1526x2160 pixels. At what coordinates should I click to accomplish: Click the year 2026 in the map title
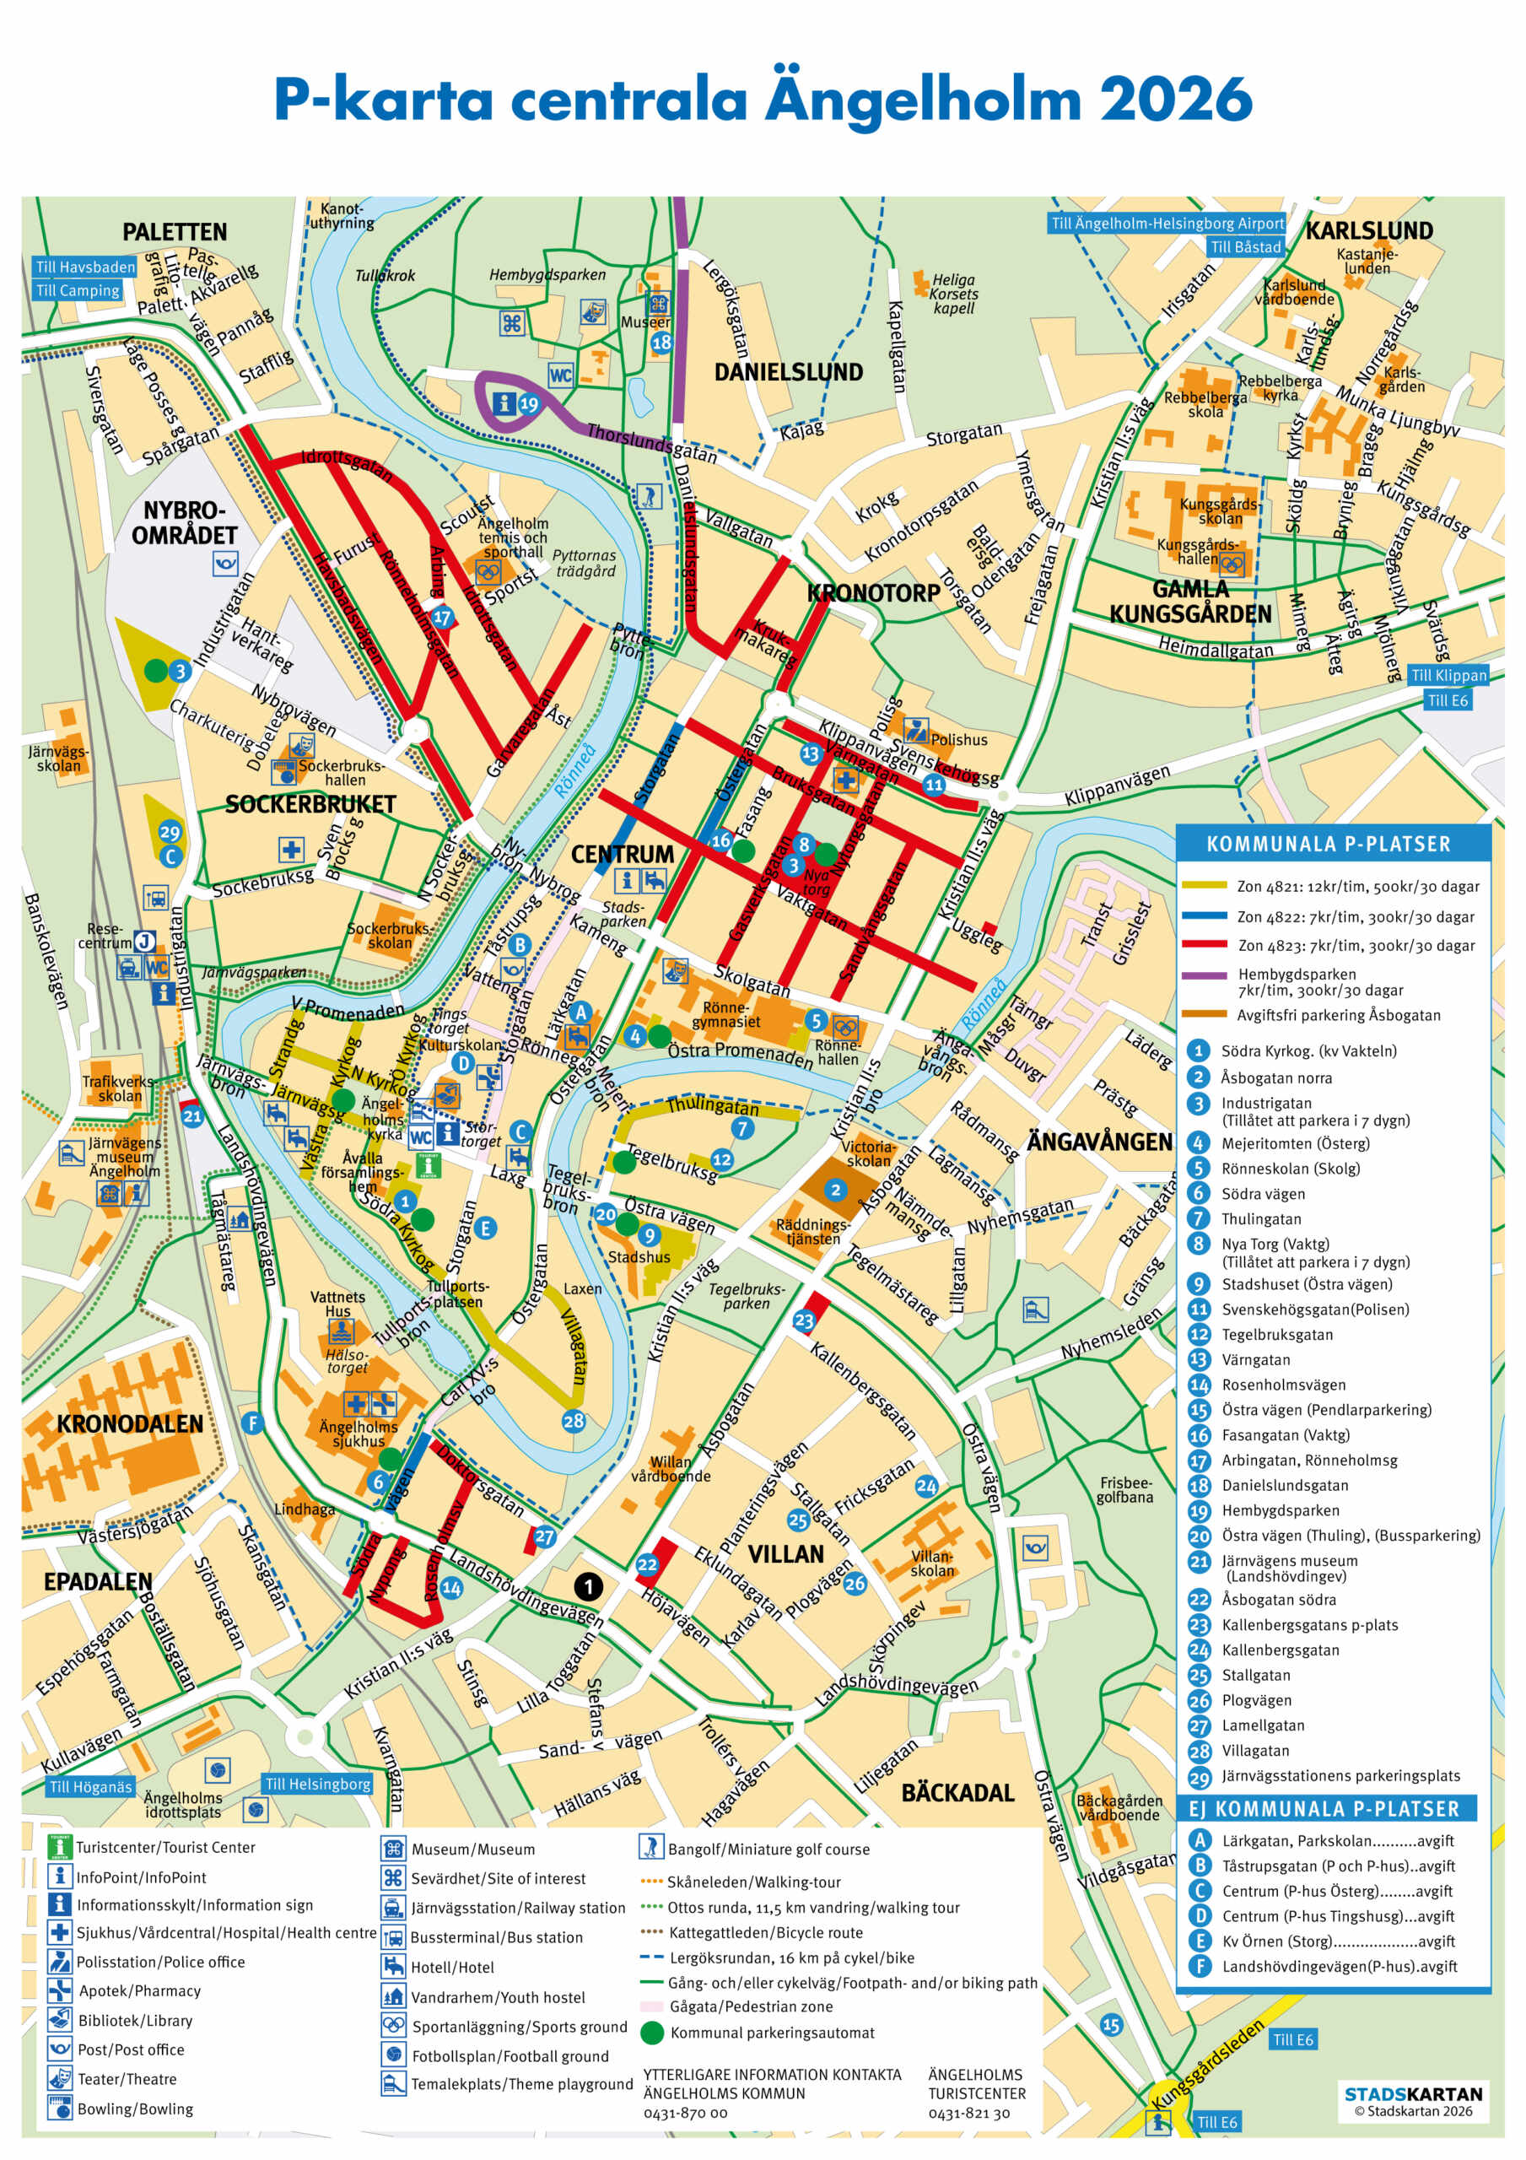[x=1174, y=99]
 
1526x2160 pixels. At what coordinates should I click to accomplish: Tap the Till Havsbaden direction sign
[x=84, y=267]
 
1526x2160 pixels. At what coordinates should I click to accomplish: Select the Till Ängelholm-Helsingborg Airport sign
[x=1167, y=223]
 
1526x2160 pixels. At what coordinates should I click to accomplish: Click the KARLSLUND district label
[x=1368, y=230]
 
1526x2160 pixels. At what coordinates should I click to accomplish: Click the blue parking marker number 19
[x=529, y=404]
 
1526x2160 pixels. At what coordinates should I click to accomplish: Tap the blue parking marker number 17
[x=442, y=618]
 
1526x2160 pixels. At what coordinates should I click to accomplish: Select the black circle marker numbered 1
[x=588, y=1587]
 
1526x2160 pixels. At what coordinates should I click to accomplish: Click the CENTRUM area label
[x=622, y=854]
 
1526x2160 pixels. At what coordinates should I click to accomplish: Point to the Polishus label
[x=958, y=739]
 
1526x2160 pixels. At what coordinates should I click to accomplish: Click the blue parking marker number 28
[x=573, y=1421]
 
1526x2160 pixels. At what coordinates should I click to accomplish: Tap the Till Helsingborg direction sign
[x=317, y=1784]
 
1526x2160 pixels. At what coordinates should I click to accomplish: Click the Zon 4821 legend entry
[x=1356, y=886]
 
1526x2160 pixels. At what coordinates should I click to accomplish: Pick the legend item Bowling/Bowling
[x=134, y=2109]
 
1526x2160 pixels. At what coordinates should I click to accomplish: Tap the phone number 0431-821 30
[x=968, y=2112]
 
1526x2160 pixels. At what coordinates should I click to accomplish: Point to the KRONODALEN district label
[x=129, y=1423]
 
